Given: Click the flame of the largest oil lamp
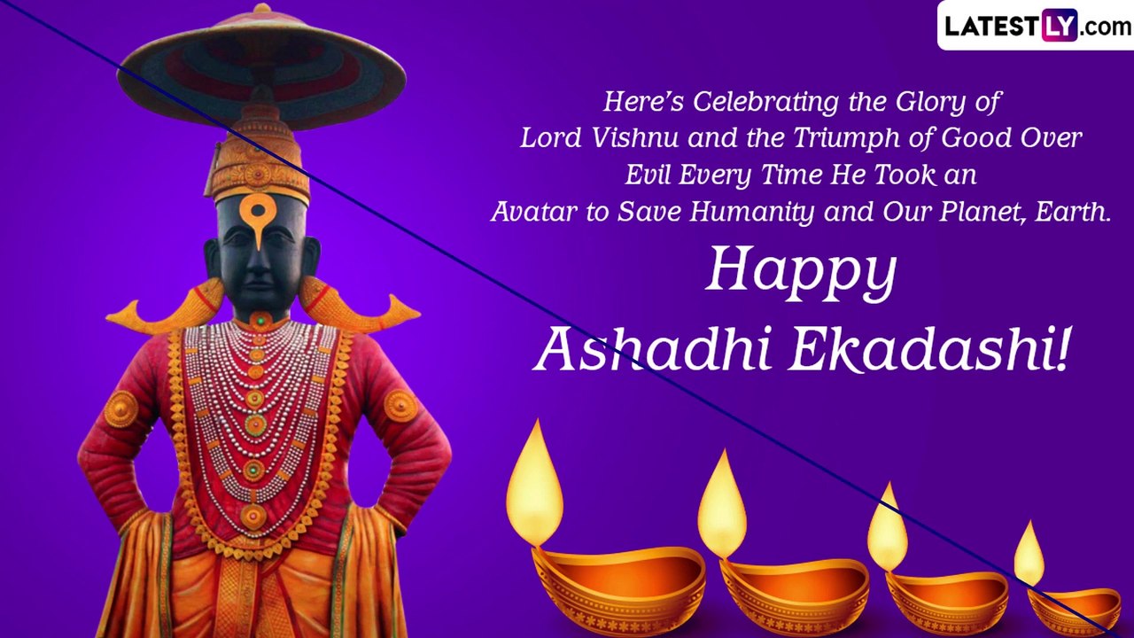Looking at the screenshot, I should [534, 483].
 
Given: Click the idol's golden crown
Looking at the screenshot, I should [257, 159].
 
